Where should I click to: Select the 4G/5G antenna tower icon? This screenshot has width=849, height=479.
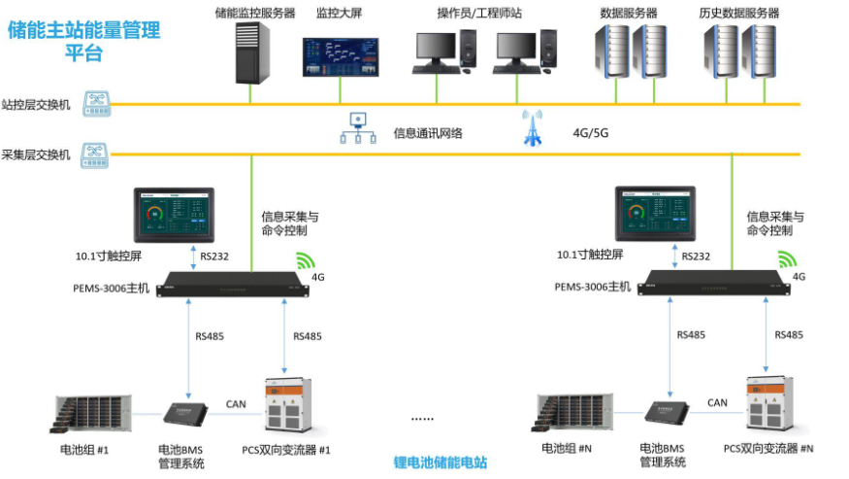pyautogui.click(x=531, y=127)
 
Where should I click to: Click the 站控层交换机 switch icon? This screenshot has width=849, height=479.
pyautogui.click(x=96, y=103)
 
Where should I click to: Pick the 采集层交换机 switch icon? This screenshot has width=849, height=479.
pyautogui.click(x=96, y=154)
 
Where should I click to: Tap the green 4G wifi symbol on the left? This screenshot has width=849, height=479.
pyautogui.click(x=306, y=260)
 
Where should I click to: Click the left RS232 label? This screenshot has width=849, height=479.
pyautogui.click(x=216, y=257)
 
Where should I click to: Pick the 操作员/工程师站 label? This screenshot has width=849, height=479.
pyautogui.click(x=479, y=14)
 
